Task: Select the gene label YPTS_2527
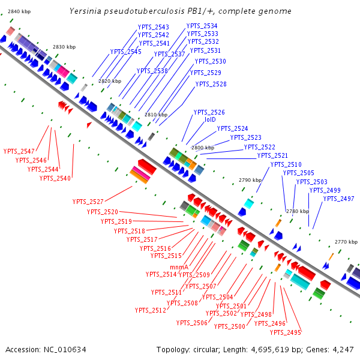[x=88, y=202]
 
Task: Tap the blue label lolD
[x=210, y=120]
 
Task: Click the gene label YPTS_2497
[x=338, y=199]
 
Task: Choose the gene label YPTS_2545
[x=125, y=52]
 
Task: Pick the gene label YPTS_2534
[x=202, y=26]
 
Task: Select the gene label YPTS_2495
[x=286, y=332]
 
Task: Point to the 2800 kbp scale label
[x=203, y=148]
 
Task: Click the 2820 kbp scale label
[x=109, y=81]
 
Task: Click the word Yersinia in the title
[x=86, y=11]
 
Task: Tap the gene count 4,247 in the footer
[x=341, y=349]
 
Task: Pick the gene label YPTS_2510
[x=286, y=164]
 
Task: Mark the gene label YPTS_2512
[x=150, y=310]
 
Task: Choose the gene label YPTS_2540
[x=55, y=178]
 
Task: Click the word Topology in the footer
[x=173, y=349]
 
